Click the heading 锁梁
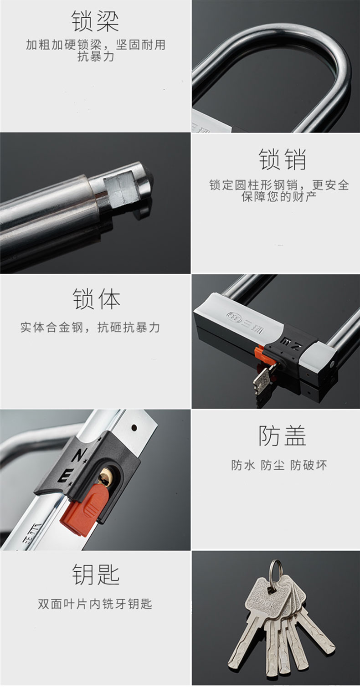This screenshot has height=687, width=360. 95,21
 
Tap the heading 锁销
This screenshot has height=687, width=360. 283,159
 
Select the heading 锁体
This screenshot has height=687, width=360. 96,299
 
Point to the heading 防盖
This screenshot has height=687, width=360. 283,436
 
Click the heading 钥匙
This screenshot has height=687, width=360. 96,574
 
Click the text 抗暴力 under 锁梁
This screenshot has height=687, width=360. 96,56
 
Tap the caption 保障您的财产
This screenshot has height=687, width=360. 279,197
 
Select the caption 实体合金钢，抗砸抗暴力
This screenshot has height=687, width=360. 90,328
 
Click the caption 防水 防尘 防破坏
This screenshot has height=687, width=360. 279,465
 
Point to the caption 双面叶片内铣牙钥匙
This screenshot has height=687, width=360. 95,604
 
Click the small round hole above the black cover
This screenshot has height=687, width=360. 134,427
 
